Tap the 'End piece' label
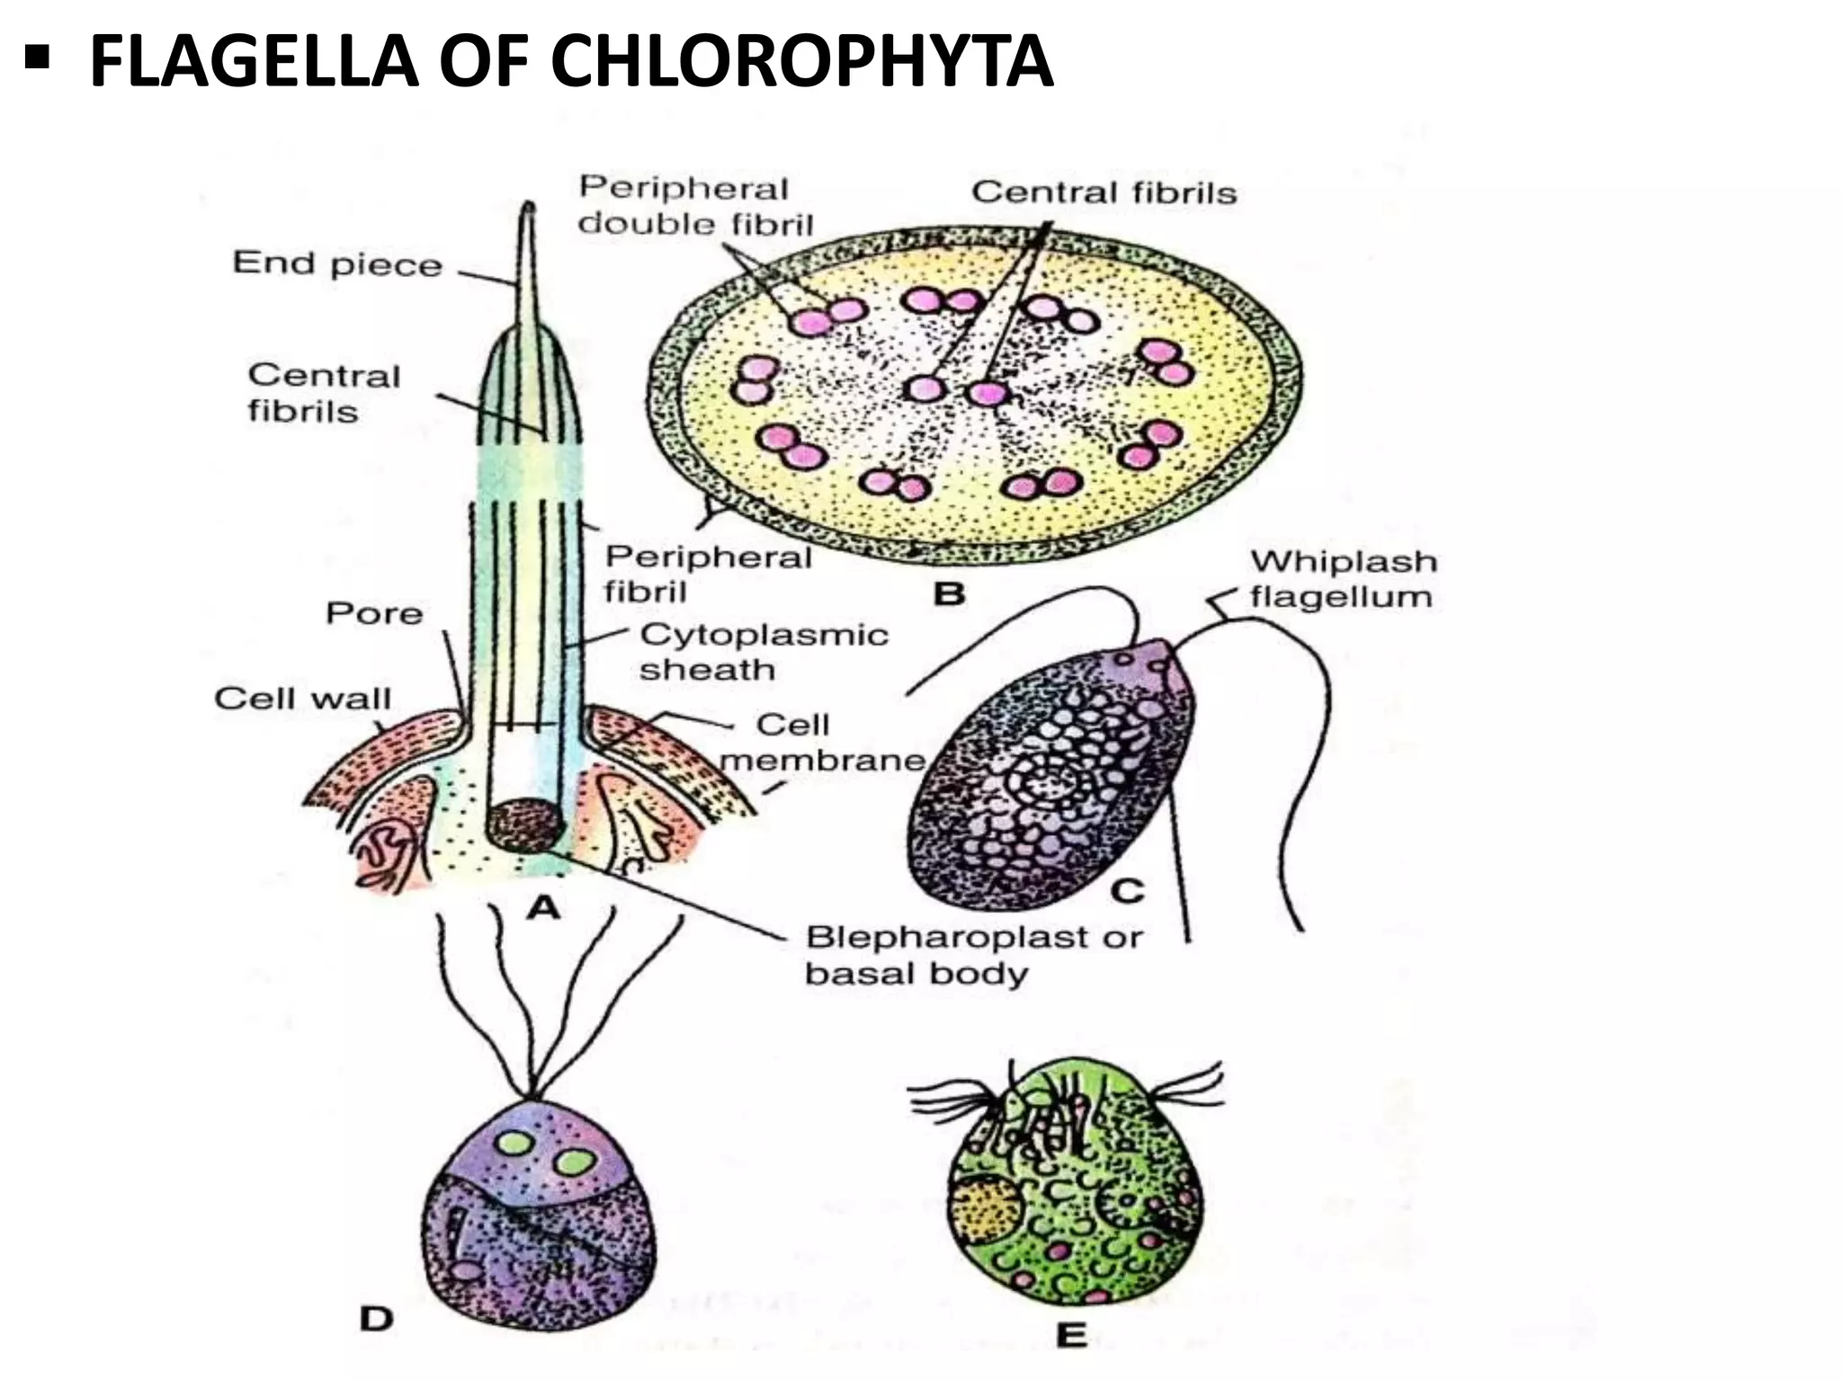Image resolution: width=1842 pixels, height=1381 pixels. (337, 263)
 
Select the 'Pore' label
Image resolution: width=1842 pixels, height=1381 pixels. (374, 613)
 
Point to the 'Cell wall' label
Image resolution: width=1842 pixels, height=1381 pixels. (302, 699)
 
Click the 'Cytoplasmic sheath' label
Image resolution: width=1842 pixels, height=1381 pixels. (764, 652)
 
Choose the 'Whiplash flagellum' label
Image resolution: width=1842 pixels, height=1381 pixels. (1343, 579)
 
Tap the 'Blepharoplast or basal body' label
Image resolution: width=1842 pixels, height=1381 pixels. (974, 955)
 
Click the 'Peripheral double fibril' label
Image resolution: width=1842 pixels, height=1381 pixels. (695, 206)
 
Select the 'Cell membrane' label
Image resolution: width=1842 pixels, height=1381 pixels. (822, 743)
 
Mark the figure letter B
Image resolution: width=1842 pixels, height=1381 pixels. (950, 593)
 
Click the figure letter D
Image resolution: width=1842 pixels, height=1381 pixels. (377, 1318)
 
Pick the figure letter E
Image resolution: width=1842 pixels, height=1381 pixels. (1070, 1335)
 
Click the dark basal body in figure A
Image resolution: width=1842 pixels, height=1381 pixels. (525, 825)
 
